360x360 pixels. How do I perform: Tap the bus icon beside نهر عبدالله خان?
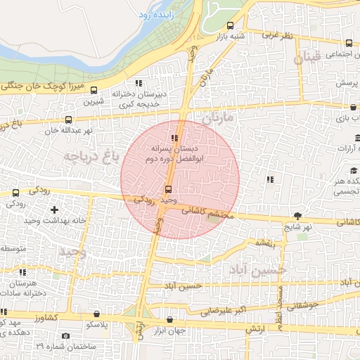click(68, 120)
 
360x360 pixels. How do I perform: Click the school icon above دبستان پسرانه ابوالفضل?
click(174, 138)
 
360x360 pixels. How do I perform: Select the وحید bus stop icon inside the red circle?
click(167, 190)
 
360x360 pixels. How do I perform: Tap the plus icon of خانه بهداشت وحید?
click(73, 210)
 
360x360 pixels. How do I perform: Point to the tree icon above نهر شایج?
click(300, 216)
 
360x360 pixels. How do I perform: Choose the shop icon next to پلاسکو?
click(96, 314)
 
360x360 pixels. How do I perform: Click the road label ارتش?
click(255, 328)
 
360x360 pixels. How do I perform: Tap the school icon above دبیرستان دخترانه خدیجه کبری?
click(138, 83)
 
